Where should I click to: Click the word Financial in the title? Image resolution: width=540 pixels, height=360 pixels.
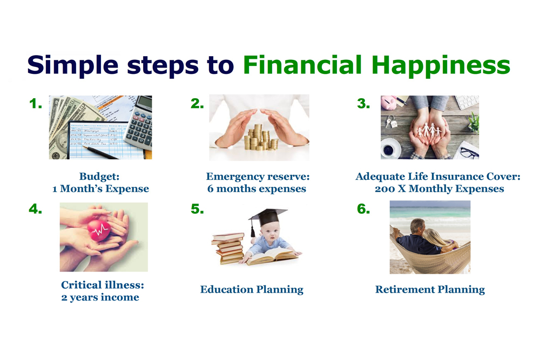(x=302, y=65)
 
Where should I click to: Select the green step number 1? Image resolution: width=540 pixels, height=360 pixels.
(x=36, y=104)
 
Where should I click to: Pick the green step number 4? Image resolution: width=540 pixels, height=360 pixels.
(x=36, y=209)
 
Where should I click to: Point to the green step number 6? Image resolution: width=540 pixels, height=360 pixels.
(x=363, y=209)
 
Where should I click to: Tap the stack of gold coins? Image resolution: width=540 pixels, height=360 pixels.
(x=261, y=138)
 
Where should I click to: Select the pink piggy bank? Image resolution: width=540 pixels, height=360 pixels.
(x=389, y=103)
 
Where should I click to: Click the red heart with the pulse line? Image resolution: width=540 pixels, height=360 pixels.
(x=99, y=230)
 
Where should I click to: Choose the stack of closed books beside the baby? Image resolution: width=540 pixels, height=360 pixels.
(x=229, y=248)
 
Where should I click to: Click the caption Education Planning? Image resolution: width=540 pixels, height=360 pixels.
(x=252, y=290)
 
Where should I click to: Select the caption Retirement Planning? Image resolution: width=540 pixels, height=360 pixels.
(x=430, y=290)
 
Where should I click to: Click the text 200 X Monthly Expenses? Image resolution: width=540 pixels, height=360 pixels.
(x=440, y=189)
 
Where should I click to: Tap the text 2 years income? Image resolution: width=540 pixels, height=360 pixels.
(x=100, y=297)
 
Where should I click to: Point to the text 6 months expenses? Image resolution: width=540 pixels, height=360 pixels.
(x=256, y=189)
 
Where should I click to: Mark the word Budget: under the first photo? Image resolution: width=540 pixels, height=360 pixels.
(x=99, y=177)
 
